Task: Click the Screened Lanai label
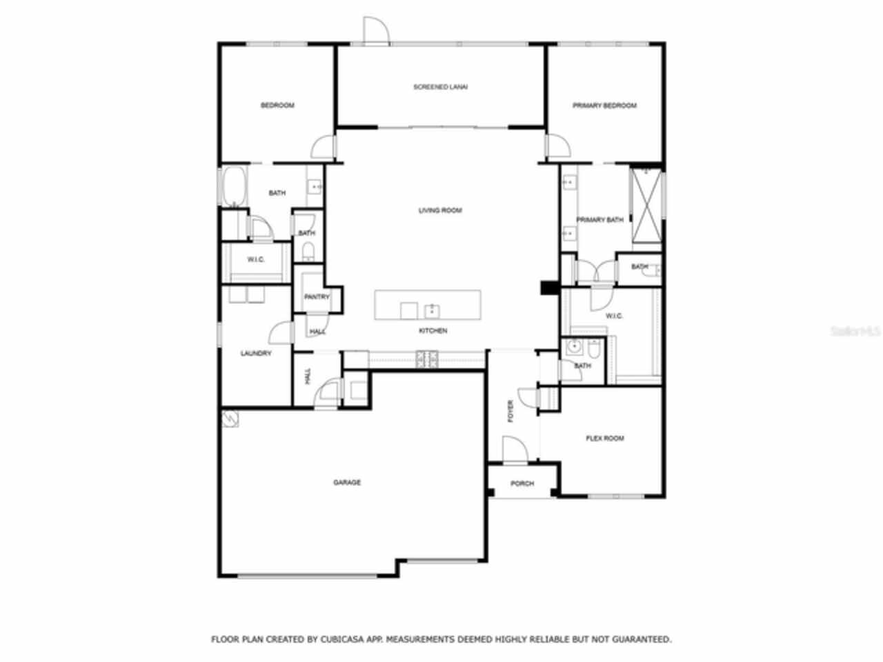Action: pyautogui.click(x=440, y=87)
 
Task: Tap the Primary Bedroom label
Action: pyautogui.click(x=604, y=106)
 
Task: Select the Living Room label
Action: pyautogui.click(x=440, y=210)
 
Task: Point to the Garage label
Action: pyautogui.click(x=347, y=483)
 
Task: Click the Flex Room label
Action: pyautogui.click(x=605, y=438)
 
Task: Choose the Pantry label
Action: pyautogui.click(x=317, y=297)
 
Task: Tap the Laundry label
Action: pyautogui.click(x=256, y=354)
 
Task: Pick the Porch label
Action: pyautogui.click(x=522, y=483)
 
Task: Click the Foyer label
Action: pyautogui.click(x=511, y=412)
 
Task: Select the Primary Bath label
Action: pyautogui.click(x=599, y=219)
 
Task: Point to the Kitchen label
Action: pyautogui.click(x=433, y=331)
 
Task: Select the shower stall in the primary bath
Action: pyautogui.click(x=647, y=205)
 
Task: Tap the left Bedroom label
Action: pyautogui.click(x=277, y=106)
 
